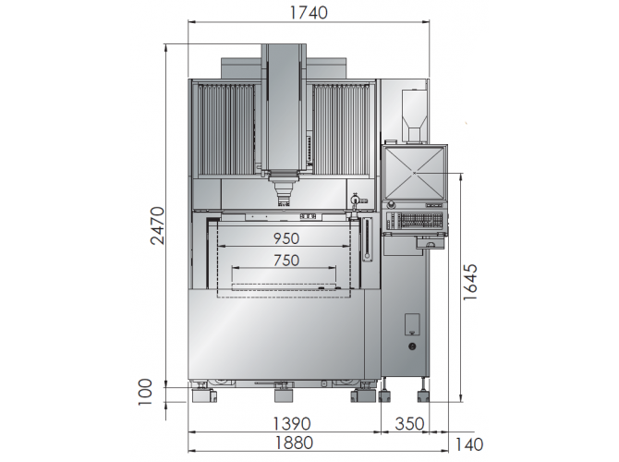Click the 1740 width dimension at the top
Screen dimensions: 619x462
tap(309, 13)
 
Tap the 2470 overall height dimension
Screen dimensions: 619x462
tap(157, 225)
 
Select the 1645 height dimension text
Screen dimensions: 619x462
tap(469, 282)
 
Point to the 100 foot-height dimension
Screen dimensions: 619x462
tap(145, 392)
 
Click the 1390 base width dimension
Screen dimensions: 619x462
tap(292, 424)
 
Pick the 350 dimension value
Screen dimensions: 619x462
tap(409, 424)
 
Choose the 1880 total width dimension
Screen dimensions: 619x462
tap(294, 443)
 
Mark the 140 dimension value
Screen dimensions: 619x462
tap(469, 444)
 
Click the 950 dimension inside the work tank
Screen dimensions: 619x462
tap(286, 238)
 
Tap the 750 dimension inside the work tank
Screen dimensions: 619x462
tap(286, 261)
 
